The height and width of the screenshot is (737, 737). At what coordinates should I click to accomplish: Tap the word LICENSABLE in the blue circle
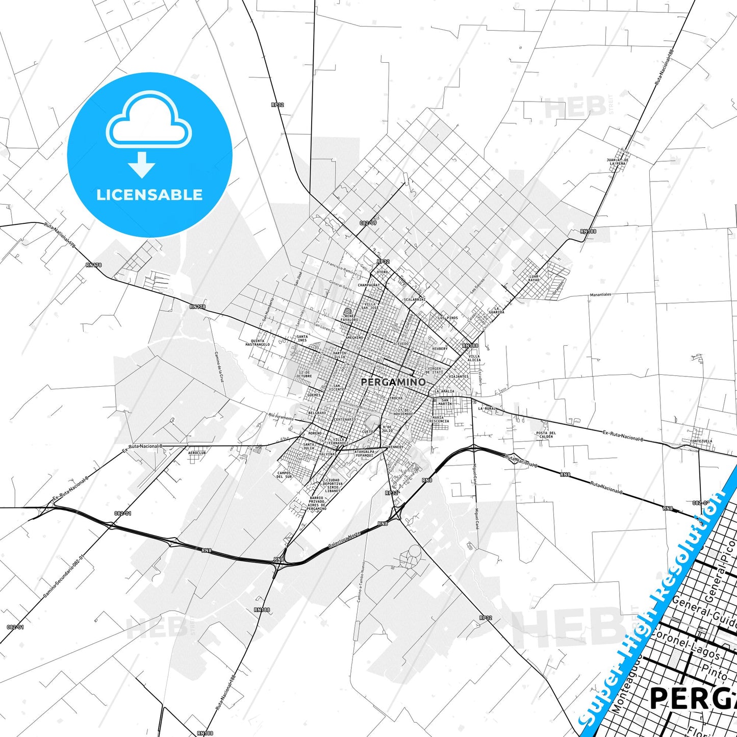pos(149,194)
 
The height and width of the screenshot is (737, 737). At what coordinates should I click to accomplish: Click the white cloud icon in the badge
pos(149,119)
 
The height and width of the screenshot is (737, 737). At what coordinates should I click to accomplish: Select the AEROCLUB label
pos(197,452)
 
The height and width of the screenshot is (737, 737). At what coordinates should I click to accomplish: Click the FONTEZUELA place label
pos(701,441)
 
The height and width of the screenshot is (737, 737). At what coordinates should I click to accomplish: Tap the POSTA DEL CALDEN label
pos(546,435)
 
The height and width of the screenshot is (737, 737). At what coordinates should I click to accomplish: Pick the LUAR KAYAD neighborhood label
pos(533,278)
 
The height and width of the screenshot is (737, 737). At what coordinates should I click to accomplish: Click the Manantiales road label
pos(600,294)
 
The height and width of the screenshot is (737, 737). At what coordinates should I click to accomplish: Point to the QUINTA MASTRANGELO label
pos(258,343)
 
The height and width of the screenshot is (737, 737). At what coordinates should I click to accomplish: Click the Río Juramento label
pos(281,417)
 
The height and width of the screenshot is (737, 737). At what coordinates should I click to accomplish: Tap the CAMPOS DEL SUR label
pos(284,475)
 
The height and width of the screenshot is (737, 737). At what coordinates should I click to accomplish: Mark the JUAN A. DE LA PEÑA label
pos(617,161)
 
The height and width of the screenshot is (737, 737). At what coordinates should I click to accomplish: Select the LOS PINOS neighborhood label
pos(448,317)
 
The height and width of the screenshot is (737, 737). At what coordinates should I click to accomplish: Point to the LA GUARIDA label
pos(496,310)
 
